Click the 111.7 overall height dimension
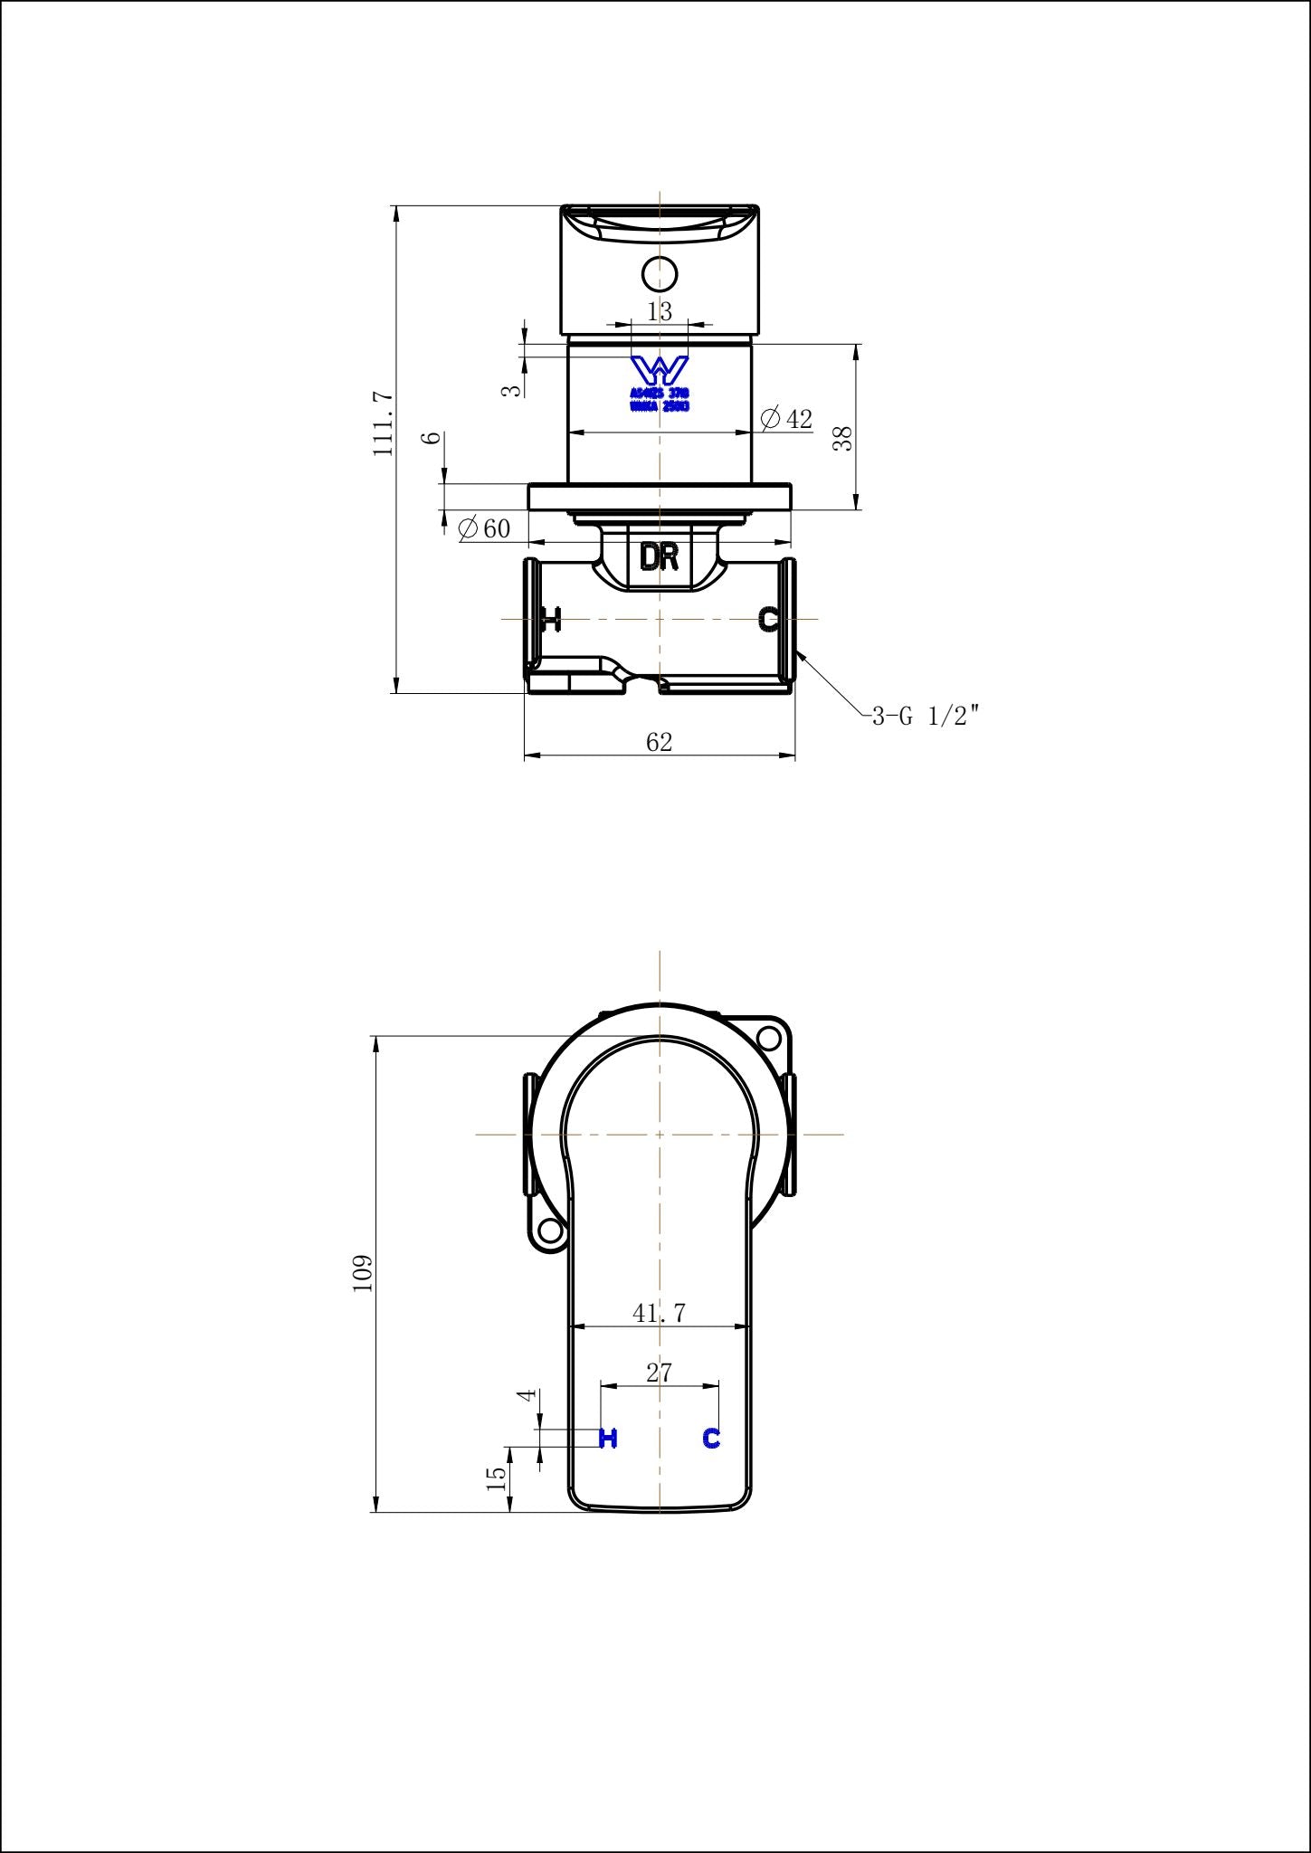[x=384, y=423]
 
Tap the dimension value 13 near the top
[x=660, y=311]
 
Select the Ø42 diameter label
[x=786, y=419]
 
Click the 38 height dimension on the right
[x=842, y=439]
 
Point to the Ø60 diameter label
[x=485, y=528]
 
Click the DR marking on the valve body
[x=659, y=557]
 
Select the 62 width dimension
[x=659, y=742]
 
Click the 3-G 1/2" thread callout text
[x=925, y=717]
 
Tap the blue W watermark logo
[x=660, y=369]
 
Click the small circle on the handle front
[x=660, y=272]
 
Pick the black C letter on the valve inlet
[x=768, y=620]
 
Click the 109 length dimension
[x=363, y=1273]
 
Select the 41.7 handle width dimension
[x=659, y=1312]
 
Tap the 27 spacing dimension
[x=659, y=1373]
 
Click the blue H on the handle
[x=608, y=1438]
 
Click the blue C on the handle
[x=711, y=1438]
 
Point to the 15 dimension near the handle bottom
[x=496, y=1478]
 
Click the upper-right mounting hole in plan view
[x=768, y=1038]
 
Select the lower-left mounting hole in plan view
[x=549, y=1229]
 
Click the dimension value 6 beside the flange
[x=433, y=437]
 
